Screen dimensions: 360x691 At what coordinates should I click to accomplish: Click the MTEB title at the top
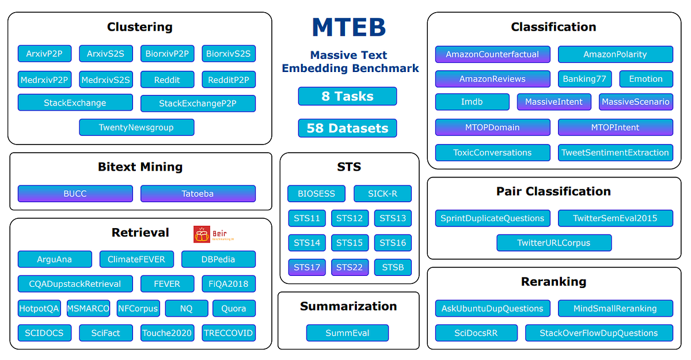point(348,28)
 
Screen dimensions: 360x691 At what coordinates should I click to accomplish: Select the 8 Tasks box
point(347,96)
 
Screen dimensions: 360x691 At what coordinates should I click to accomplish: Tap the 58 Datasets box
point(347,128)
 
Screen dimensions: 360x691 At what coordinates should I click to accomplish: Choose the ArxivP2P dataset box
point(44,54)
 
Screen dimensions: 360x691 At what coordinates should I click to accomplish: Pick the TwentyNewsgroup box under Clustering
point(136,127)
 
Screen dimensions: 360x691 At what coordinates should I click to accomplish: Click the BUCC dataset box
point(75,194)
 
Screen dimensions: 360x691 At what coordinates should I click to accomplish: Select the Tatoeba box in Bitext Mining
point(198,194)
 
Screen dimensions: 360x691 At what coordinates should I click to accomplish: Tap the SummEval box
point(347,333)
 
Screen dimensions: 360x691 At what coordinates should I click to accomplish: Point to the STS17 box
point(307,267)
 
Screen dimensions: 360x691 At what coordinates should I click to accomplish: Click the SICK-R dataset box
point(382,194)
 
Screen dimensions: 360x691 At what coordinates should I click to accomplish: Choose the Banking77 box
point(584,79)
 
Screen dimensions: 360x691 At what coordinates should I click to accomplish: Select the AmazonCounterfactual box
point(492,55)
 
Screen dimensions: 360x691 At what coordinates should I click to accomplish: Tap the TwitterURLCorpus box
point(553,242)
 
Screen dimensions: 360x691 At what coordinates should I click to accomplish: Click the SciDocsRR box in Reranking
point(476,333)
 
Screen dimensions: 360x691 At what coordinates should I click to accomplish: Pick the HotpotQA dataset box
point(39,308)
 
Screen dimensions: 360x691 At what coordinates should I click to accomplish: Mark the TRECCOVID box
point(229,333)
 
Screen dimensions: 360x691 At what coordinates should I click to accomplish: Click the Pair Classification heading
point(553,191)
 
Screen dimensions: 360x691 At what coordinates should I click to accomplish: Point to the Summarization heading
point(348,306)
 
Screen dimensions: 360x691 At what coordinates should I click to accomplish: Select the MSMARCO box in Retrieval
point(88,308)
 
